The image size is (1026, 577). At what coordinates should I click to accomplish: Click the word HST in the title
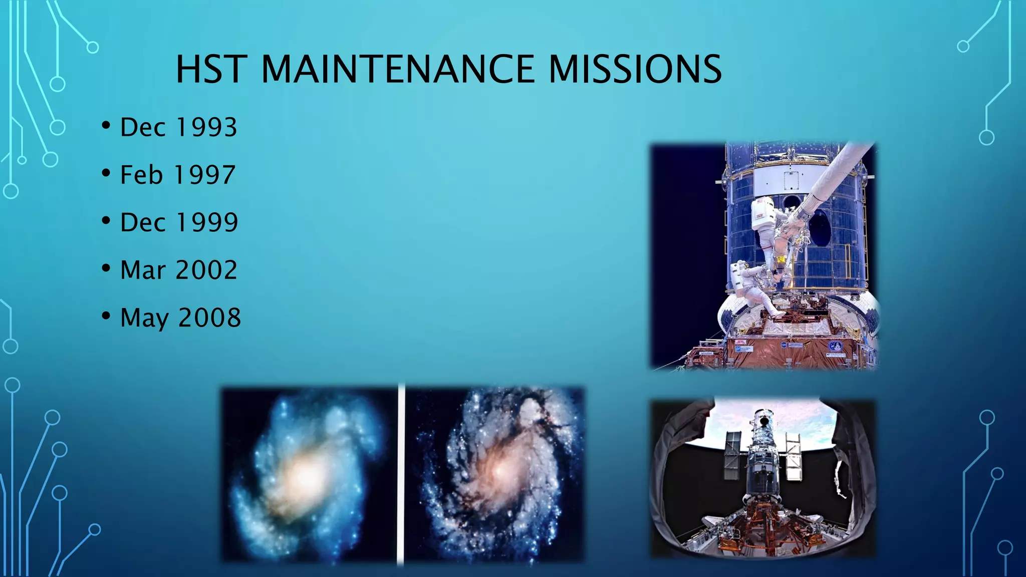click(211, 69)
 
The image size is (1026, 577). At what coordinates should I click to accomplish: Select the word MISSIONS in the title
click(635, 69)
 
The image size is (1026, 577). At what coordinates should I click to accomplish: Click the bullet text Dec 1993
click(178, 127)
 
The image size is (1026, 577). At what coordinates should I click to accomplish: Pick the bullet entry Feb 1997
click(177, 175)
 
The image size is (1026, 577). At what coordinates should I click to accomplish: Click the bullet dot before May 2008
click(106, 316)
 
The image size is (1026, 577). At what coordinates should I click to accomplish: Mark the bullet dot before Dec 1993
click(106, 125)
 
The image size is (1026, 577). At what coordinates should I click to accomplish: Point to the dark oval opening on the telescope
click(820, 228)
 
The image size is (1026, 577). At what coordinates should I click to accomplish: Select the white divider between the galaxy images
click(401, 473)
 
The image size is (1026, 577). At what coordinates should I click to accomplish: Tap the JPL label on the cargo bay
click(740, 342)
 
